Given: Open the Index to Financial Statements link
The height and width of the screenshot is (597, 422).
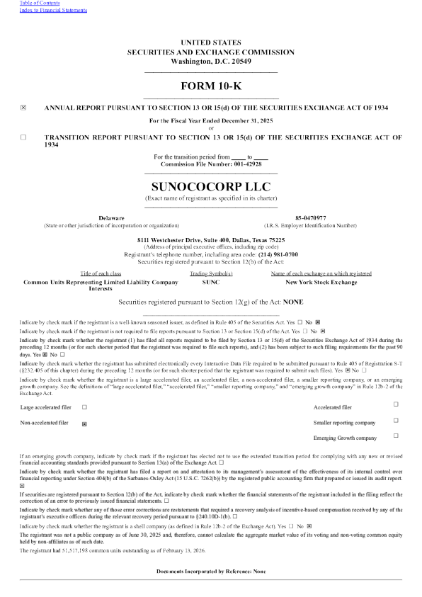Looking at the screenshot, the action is [x=54, y=10].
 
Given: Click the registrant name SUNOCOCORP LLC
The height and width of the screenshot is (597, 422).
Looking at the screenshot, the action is [x=210, y=186].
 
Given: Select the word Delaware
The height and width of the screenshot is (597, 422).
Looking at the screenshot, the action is [x=111, y=218].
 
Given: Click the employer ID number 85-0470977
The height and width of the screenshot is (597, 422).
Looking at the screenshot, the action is [x=310, y=218].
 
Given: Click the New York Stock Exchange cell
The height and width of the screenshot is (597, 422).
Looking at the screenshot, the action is [x=321, y=282].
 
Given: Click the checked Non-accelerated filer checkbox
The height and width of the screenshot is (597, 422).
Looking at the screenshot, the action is [x=84, y=423].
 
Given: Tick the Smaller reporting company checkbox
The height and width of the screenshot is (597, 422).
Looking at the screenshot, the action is [x=396, y=421].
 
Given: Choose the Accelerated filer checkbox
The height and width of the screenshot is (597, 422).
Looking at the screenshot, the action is [x=396, y=404].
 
